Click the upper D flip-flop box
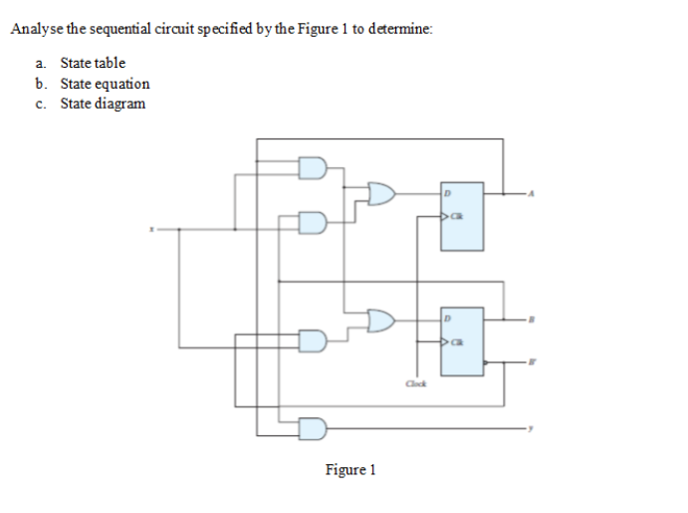click(x=462, y=215)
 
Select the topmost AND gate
click(x=313, y=166)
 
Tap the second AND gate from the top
click(x=313, y=222)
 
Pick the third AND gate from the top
click(x=313, y=342)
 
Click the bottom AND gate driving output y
click(x=313, y=428)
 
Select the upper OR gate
click(x=382, y=193)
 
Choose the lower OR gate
click(x=382, y=320)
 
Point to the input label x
click(x=152, y=228)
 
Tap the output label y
click(x=532, y=428)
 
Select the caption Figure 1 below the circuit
click(x=349, y=469)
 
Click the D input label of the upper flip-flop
click(x=448, y=193)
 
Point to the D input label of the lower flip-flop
click(x=448, y=319)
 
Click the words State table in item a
click(x=93, y=63)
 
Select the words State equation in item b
click(x=105, y=84)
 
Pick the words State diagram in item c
click(x=103, y=104)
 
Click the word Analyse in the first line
click(x=35, y=29)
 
